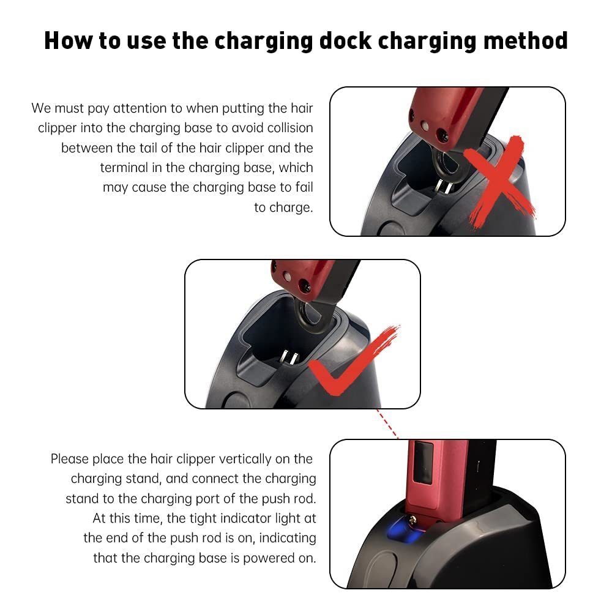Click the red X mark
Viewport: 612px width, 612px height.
click(x=498, y=181)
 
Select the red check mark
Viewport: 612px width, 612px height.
click(x=354, y=359)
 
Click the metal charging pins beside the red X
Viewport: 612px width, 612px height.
click(x=444, y=187)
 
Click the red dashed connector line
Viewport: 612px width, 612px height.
click(x=387, y=424)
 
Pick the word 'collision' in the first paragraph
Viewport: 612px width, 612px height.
click(x=290, y=128)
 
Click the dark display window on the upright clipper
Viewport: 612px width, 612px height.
click(x=424, y=463)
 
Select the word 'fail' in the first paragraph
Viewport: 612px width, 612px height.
click(x=304, y=187)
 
